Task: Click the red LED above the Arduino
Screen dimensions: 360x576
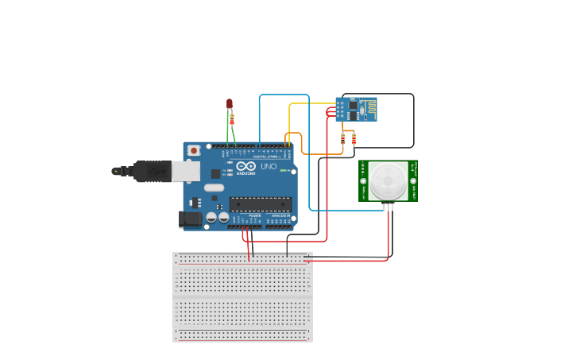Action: [230, 103]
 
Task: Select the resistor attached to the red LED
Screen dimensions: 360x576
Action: [232, 119]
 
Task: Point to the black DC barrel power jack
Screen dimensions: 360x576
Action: [190, 219]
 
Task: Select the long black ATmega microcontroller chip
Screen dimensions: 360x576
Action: [261, 204]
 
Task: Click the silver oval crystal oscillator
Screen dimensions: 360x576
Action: [214, 188]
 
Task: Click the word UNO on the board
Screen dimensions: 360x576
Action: [269, 167]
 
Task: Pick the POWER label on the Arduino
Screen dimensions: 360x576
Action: [254, 215]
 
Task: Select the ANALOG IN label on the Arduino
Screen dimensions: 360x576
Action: [280, 215]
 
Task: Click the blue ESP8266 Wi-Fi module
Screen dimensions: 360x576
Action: [356, 110]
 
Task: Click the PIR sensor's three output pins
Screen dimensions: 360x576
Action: [389, 207]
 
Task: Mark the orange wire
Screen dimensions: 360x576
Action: [318, 153]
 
